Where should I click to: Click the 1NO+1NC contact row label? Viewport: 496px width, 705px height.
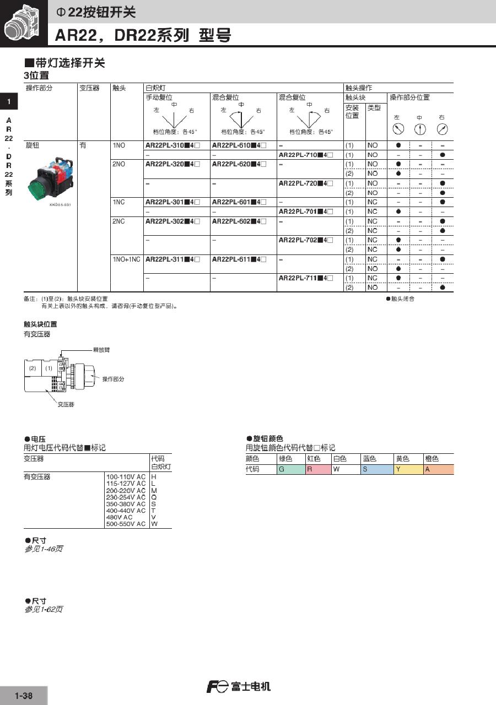tap(126, 259)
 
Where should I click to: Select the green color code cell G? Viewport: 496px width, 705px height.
tap(290, 469)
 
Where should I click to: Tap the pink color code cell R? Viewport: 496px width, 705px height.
tap(318, 469)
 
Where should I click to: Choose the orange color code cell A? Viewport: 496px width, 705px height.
tap(438, 469)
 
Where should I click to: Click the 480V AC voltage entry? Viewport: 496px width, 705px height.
tap(120, 517)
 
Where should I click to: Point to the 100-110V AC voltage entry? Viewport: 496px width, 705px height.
tap(126, 476)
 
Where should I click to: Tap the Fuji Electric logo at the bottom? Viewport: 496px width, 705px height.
tap(238, 687)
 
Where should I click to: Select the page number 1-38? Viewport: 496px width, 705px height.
tap(24, 696)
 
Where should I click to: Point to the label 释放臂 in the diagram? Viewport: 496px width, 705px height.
tap(101, 350)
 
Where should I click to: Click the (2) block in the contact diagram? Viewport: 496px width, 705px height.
tap(33, 368)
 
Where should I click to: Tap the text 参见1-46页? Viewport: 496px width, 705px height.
tap(44, 549)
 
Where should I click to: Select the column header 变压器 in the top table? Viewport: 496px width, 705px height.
tap(89, 88)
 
